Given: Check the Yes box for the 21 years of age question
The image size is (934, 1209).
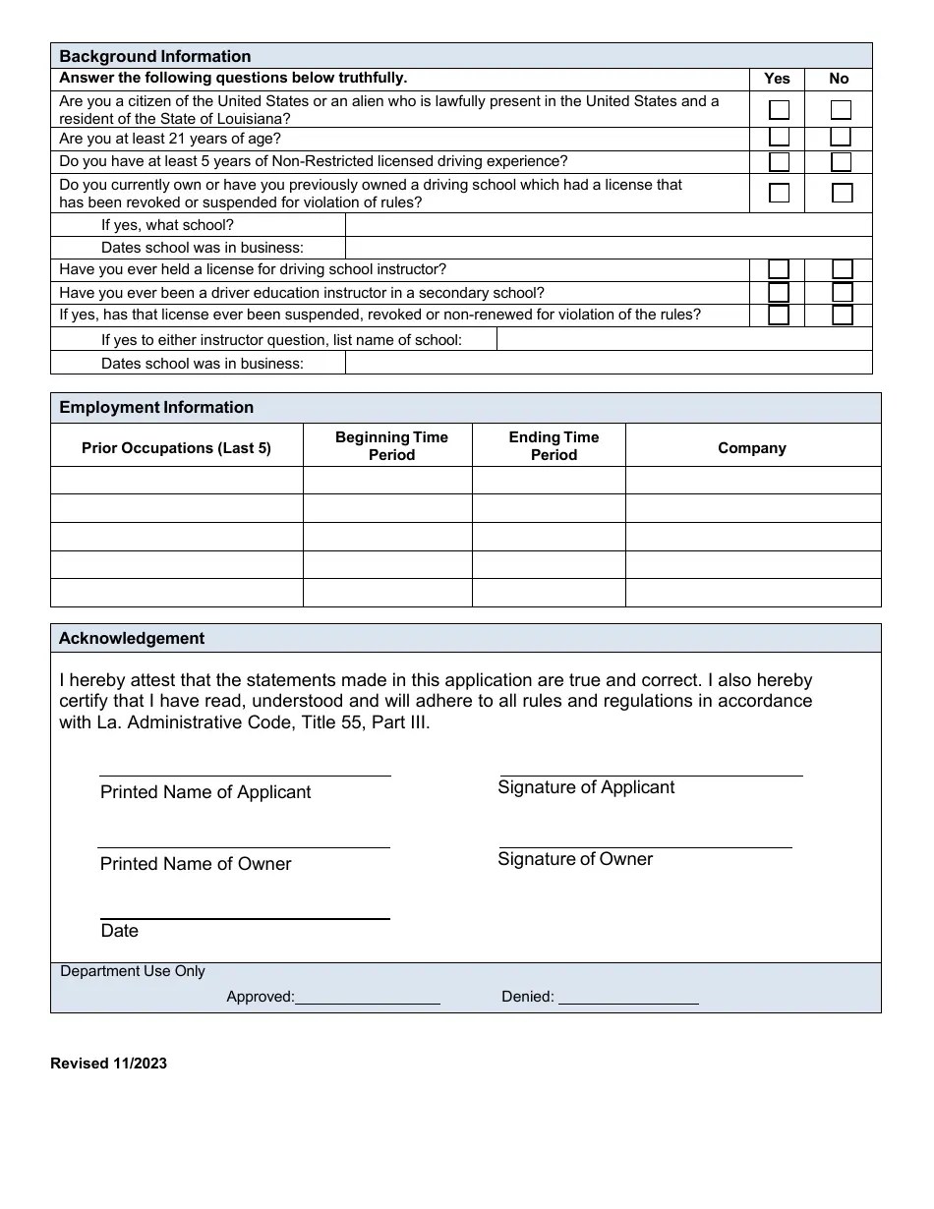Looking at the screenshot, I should (x=779, y=138).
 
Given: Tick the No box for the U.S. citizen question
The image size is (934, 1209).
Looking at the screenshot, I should (x=841, y=109).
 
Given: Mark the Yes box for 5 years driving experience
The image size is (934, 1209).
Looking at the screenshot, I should (x=779, y=161).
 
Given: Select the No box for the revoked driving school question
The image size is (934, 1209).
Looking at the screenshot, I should (x=842, y=193).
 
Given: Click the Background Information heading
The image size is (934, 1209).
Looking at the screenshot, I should (x=155, y=56).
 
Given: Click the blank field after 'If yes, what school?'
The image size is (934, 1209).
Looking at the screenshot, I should (x=608, y=225).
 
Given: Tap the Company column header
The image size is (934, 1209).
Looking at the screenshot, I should (x=752, y=447).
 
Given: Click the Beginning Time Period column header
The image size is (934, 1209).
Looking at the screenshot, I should (x=391, y=446).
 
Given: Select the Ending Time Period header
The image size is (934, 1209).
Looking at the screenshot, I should (x=554, y=446).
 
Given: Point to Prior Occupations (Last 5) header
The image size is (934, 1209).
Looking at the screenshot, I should (x=176, y=448).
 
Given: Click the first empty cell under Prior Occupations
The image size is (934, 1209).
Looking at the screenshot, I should (x=177, y=480).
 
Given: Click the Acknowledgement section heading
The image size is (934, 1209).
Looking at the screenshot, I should (x=132, y=638).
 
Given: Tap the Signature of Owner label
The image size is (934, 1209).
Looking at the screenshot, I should (x=575, y=859).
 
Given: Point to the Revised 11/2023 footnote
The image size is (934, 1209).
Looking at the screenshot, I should (x=108, y=1064).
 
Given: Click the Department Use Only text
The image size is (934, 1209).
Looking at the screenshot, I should (x=133, y=971).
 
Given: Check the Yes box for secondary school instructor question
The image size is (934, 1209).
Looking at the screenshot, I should (x=779, y=292).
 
